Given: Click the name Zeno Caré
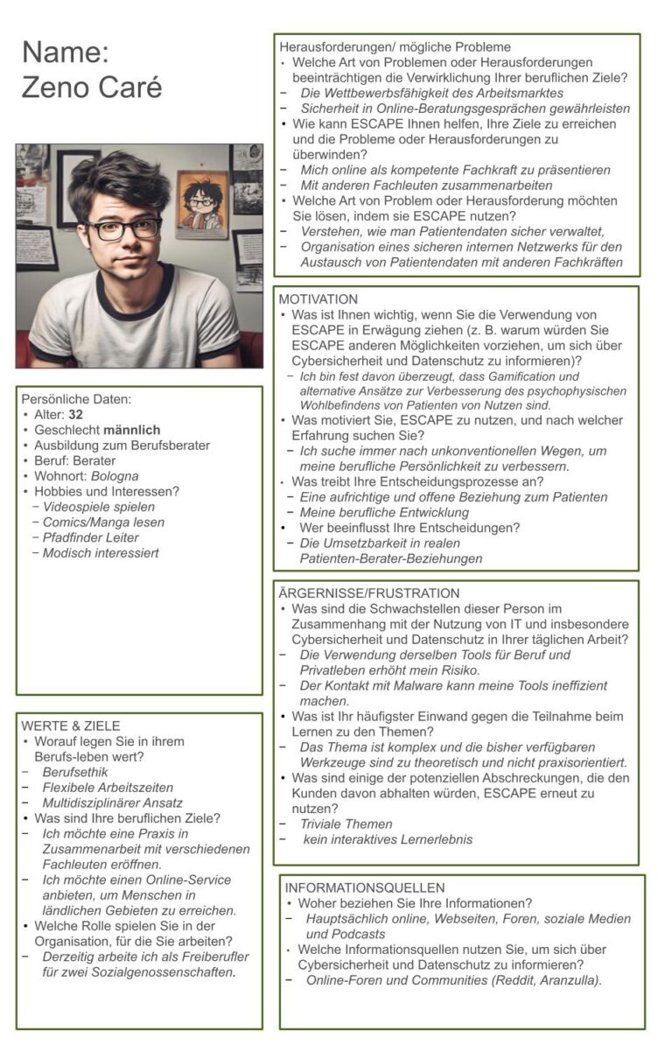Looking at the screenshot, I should tap(92, 88).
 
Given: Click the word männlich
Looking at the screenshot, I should tap(131, 430).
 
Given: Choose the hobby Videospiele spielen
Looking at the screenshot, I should tap(99, 507).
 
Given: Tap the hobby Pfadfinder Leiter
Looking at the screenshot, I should tap(91, 537).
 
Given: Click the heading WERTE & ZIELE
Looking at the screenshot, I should tap(71, 726).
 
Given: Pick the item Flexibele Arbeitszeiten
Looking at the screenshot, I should tap(108, 788).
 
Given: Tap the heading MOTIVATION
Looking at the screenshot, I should tap(318, 299).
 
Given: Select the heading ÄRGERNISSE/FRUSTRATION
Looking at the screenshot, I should tap(368, 593).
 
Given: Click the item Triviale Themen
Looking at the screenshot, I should tap(346, 824).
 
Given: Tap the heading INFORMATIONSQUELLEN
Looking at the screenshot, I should tap(365, 887).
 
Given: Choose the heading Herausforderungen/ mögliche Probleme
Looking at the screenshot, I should tap(395, 46).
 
